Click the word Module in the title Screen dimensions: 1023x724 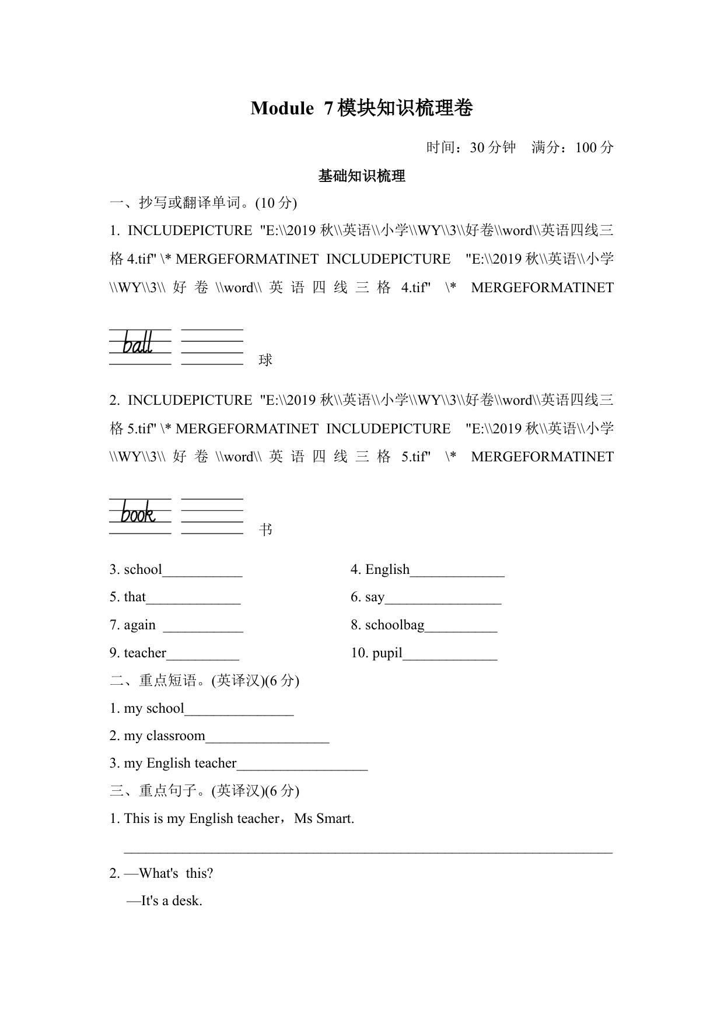pyautogui.click(x=282, y=108)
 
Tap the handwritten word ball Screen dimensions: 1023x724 pyautogui.click(x=138, y=343)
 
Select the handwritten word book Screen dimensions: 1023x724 pyautogui.click(x=138, y=513)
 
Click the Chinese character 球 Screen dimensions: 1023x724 pyautogui.click(x=265, y=360)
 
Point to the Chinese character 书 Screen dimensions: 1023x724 pyautogui.click(x=265, y=530)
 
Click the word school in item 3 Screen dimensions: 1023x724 pyautogui.click(x=143, y=569)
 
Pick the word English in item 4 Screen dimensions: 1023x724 pyautogui.click(x=387, y=569)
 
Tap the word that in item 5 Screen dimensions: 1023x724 pyautogui.click(x=135, y=597)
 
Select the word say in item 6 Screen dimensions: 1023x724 pyautogui.click(x=375, y=597)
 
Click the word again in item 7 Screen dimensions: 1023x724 pyautogui.click(x=140, y=625)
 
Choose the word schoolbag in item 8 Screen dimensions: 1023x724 pyautogui.click(x=395, y=625)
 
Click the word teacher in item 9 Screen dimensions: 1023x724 pyautogui.click(x=145, y=653)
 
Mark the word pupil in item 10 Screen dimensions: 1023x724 pyautogui.click(x=387, y=653)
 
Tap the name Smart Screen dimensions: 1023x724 pyautogui.click(x=334, y=818)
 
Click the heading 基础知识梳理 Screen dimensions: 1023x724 pyautogui.click(x=362, y=176)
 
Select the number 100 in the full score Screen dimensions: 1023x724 pyautogui.click(x=586, y=148)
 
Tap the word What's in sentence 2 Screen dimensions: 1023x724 pyautogui.click(x=159, y=873)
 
